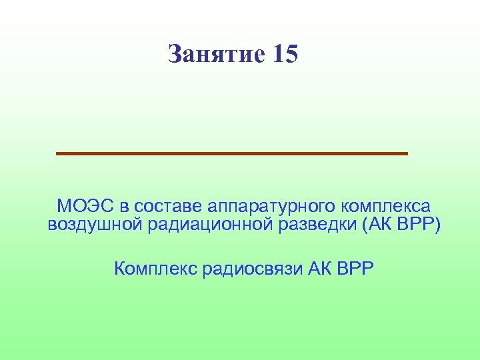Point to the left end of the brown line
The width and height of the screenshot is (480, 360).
58,153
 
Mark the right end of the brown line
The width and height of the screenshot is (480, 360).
406,153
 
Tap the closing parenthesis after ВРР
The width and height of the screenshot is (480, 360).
437,225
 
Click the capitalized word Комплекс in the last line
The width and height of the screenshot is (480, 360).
155,269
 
